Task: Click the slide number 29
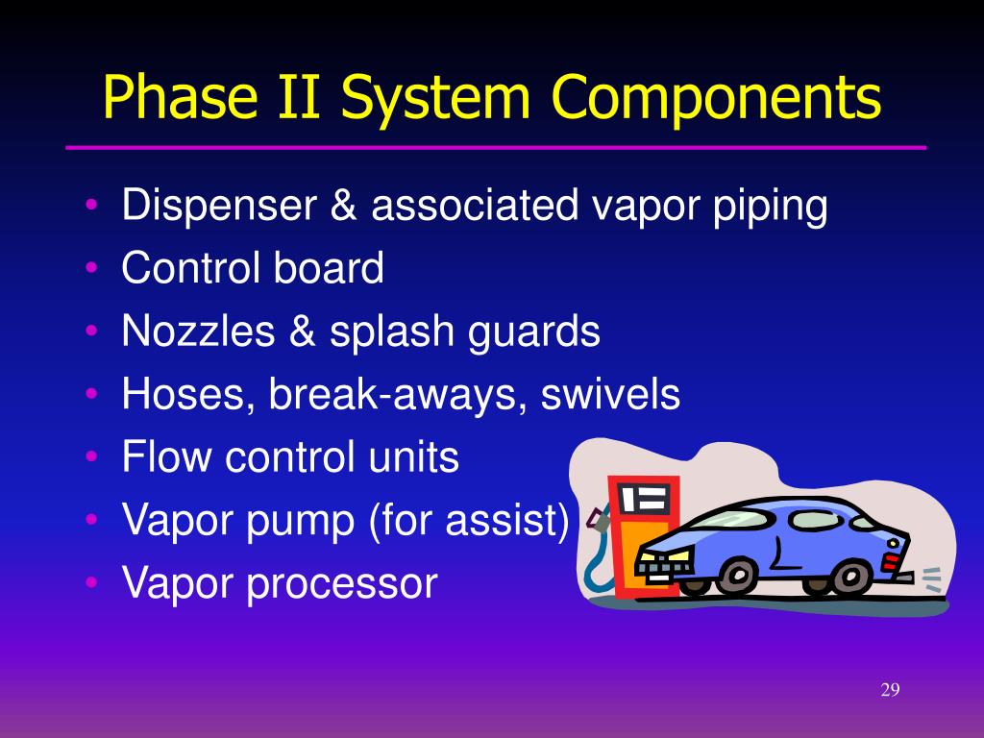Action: [889, 691]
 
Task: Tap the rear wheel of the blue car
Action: [850, 577]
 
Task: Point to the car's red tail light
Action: [892, 560]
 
